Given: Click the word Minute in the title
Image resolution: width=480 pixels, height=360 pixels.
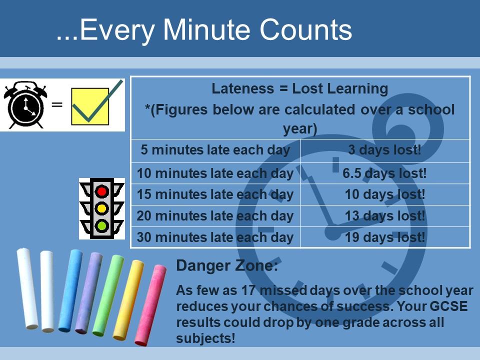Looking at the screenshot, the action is [206, 29].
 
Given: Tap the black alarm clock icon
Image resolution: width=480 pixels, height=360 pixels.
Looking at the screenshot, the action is [25, 104].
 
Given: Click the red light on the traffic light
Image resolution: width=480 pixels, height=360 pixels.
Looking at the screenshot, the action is [101, 191].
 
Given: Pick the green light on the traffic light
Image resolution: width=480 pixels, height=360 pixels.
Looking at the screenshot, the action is [101, 226].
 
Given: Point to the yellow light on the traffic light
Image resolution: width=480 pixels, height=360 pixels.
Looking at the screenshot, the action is [101, 209].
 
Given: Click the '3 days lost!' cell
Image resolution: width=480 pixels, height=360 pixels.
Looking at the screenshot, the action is [385, 150].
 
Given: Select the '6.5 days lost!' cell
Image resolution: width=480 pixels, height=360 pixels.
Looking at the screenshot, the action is [385, 173].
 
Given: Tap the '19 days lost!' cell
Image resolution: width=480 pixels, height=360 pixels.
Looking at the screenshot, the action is [385, 237].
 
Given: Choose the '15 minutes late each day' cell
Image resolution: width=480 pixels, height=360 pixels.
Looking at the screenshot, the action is [215, 194].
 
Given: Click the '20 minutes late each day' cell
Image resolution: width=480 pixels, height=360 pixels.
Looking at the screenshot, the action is [215, 216].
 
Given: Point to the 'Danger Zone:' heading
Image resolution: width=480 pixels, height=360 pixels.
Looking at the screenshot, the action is [227, 265].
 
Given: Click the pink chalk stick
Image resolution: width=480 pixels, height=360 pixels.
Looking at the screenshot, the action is [151, 305].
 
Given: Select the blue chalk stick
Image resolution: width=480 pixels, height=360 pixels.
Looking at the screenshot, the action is [70, 290].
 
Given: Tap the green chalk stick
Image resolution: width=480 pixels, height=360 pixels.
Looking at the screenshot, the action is [108, 295].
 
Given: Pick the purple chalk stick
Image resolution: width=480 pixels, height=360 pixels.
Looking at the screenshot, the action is [89, 293].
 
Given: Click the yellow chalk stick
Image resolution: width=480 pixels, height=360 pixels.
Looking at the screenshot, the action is [128, 300].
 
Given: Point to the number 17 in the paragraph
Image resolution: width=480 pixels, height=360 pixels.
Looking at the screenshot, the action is [248, 290].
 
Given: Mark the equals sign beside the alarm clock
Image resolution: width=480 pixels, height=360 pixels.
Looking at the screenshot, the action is [57, 104].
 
